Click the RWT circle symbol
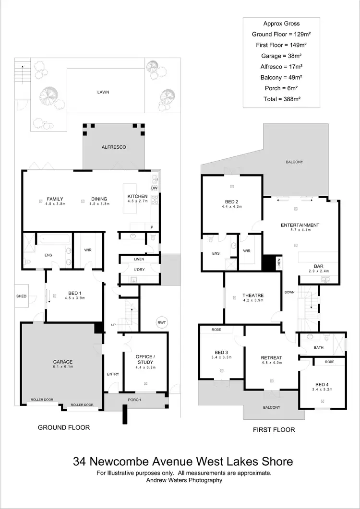click(160, 322)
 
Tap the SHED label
click(21, 296)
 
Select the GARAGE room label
click(62, 362)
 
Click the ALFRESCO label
click(113, 147)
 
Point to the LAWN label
click(104, 92)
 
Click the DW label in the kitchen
click(154, 189)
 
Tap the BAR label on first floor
click(318, 265)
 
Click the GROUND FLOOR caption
click(64, 427)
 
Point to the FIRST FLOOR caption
click(274, 429)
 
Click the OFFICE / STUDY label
click(145, 359)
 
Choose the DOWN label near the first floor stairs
click(289, 292)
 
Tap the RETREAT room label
click(271, 358)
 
